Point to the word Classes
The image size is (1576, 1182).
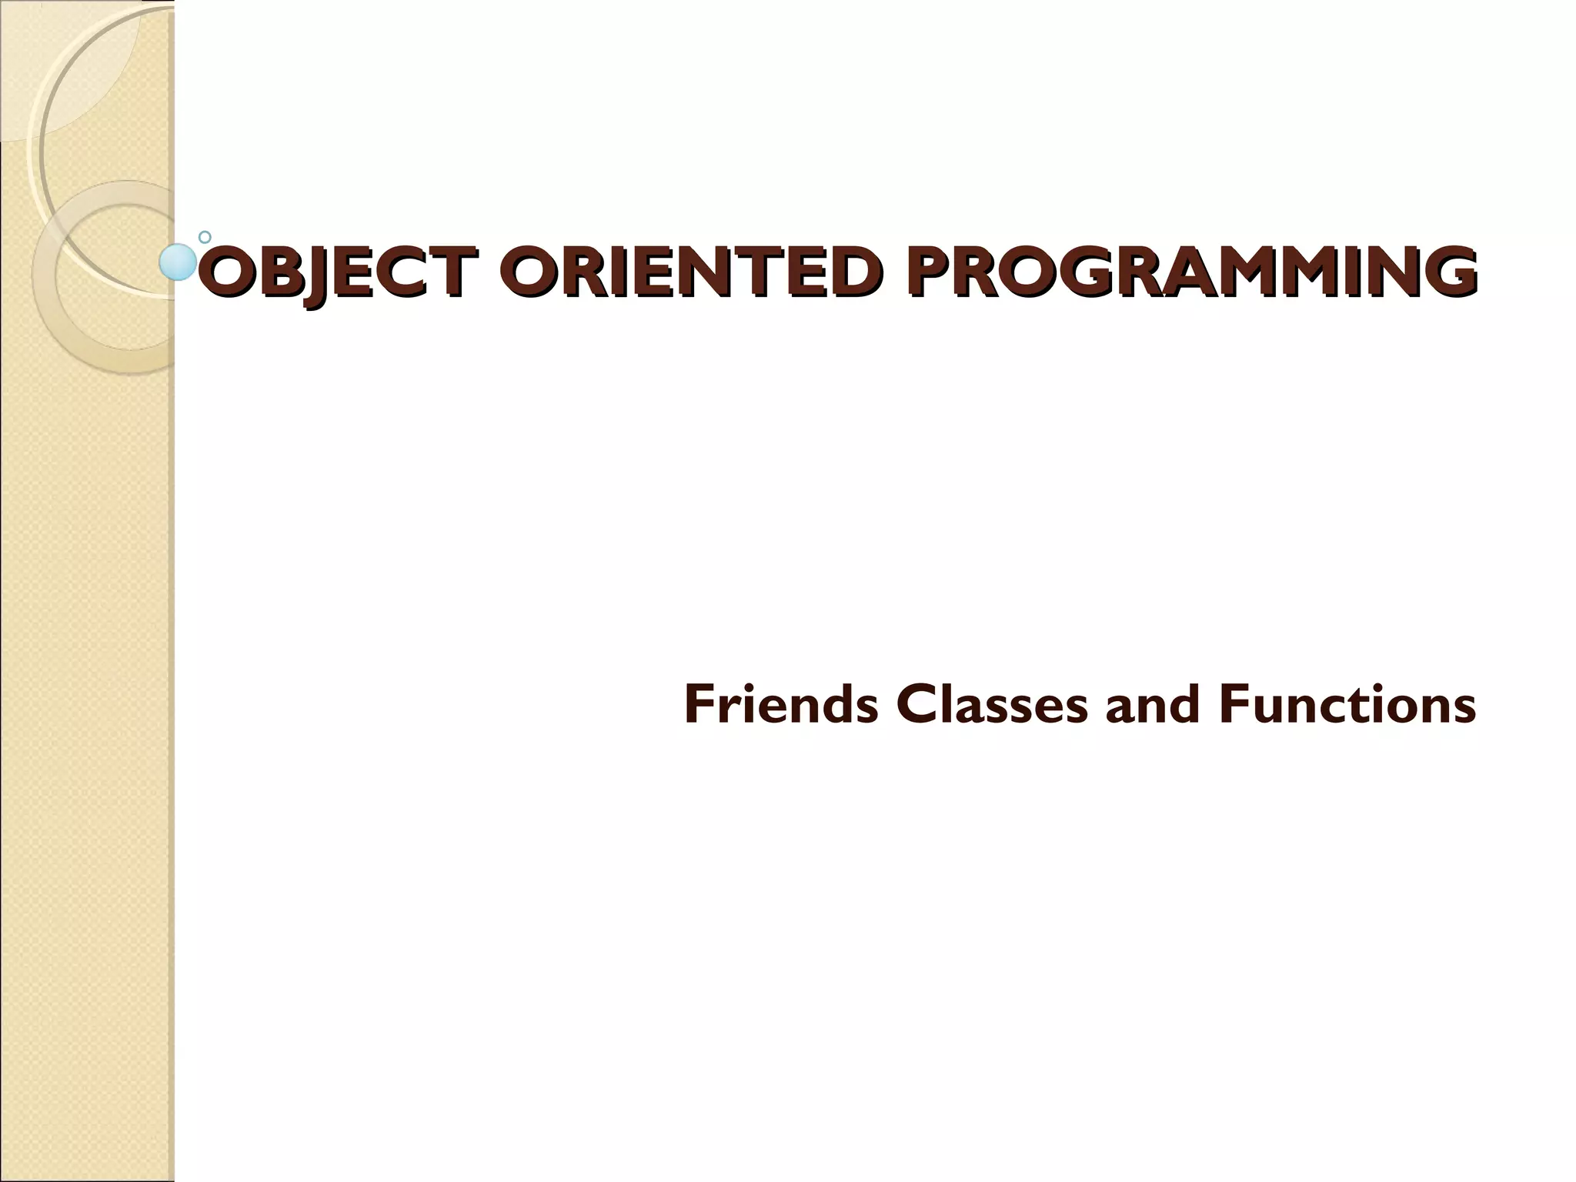(992, 705)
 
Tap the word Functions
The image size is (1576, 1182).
(1347, 705)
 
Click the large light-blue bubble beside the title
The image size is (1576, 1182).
(178, 262)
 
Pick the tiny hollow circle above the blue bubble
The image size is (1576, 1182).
(205, 237)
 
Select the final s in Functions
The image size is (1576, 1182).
(1464, 710)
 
